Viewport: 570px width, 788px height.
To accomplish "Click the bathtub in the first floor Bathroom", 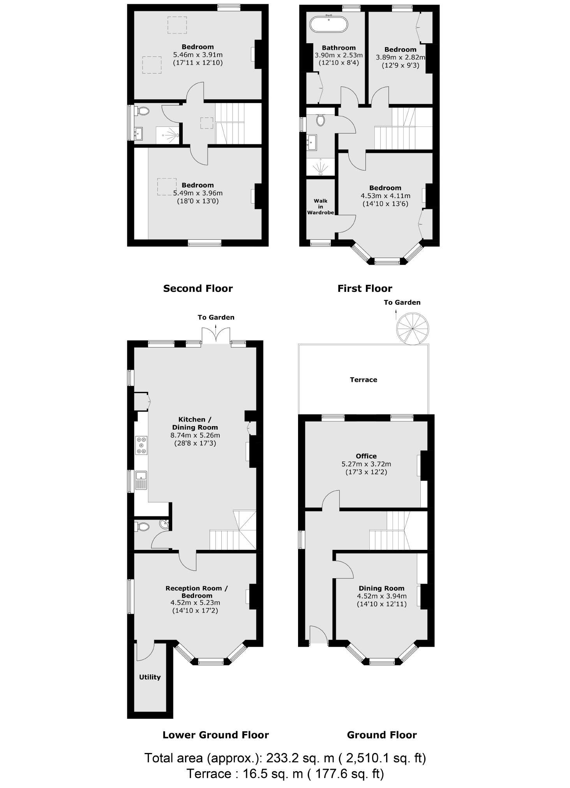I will (328, 24).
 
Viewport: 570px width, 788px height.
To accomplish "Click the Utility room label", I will (150, 677).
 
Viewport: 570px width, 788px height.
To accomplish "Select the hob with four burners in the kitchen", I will (141, 445).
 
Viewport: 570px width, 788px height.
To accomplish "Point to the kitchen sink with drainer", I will (141, 480).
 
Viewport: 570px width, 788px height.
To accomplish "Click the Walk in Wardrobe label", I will (320, 207).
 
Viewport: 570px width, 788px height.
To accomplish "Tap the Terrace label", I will (363, 380).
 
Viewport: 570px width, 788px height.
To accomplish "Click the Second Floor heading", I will (198, 288).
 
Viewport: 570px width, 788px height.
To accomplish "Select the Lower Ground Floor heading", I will (215, 735).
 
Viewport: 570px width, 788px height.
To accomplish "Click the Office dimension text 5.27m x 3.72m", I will (366, 464).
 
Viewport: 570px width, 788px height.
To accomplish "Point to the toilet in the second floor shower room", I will (143, 111).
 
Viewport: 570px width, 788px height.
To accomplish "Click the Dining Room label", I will (381, 588).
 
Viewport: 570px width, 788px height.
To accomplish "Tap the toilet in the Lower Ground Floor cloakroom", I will (143, 527).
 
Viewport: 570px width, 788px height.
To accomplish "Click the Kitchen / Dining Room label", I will (195, 423).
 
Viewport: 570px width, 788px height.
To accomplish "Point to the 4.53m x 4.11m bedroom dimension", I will (385, 196).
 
